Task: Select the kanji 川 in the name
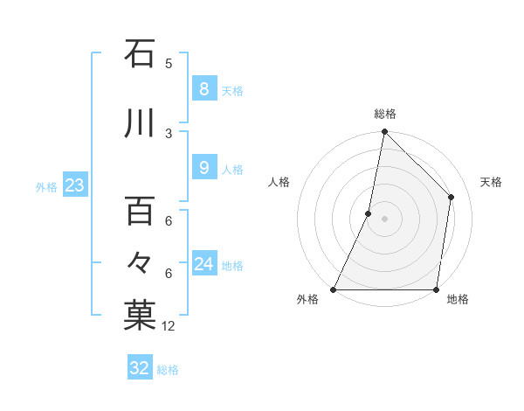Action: coord(140,123)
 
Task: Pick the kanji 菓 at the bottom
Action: coord(140,316)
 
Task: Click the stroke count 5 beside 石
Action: coord(169,63)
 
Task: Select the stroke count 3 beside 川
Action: coord(169,133)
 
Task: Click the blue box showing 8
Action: coord(203,88)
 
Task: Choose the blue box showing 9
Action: coord(203,168)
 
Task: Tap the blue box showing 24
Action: coord(203,264)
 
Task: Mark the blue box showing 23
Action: coord(74,185)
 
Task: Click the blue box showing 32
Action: coord(139,368)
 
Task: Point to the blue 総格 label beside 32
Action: coord(168,370)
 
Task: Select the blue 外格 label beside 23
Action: coord(46,187)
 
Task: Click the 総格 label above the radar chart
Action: coord(384,114)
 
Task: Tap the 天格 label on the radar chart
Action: coord(492,182)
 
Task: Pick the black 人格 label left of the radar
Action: coord(279,182)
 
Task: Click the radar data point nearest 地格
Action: coord(437,289)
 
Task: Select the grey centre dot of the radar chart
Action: coord(384,219)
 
